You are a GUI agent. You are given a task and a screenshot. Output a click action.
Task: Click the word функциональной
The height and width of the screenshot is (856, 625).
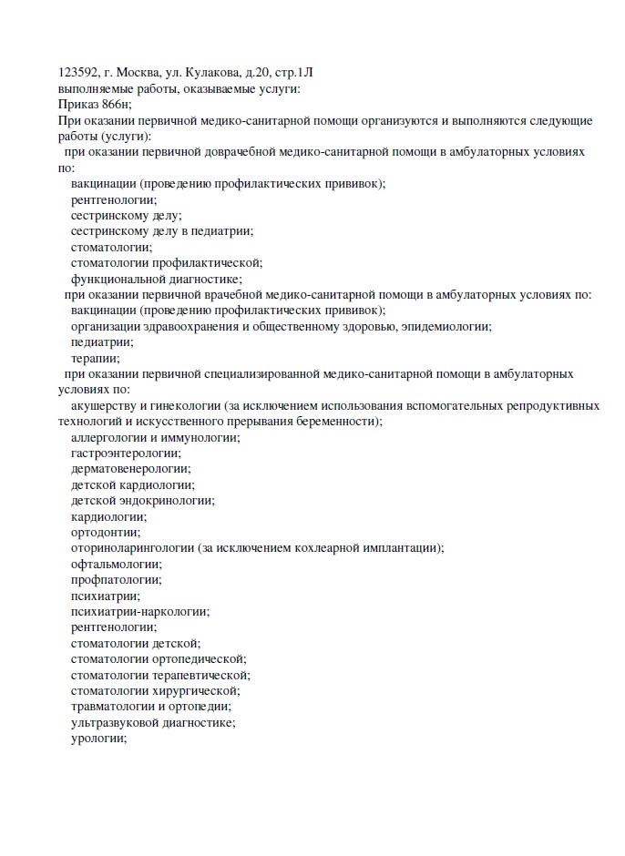pos(114,279)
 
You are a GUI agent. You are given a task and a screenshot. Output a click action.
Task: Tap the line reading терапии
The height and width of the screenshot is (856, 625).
pos(95,358)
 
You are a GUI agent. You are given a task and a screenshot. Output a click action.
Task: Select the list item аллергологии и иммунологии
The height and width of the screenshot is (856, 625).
pos(155,437)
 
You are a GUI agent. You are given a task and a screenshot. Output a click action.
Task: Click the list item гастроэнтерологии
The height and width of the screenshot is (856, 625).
pos(125,453)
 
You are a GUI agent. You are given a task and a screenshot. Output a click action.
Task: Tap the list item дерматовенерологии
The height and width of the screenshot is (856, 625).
pos(130,468)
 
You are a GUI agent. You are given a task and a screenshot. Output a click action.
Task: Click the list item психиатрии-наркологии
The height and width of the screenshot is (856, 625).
pos(139,611)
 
